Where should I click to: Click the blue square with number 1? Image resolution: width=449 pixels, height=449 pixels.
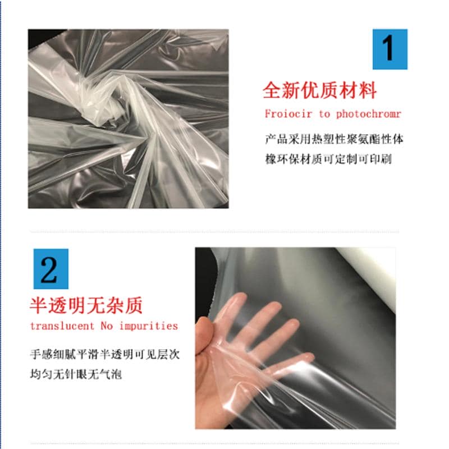click(390, 49)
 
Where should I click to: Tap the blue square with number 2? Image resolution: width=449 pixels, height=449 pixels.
click(51, 269)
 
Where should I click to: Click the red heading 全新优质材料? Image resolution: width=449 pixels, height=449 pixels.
click(319, 90)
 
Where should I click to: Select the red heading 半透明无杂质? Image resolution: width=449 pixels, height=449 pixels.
click(86, 305)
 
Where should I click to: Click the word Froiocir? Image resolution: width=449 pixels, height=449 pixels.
click(288, 114)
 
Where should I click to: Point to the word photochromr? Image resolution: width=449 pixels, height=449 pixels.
click(369, 114)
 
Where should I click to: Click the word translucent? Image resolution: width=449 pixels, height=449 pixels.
click(62, 326)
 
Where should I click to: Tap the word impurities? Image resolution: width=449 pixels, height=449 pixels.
click(149, 326)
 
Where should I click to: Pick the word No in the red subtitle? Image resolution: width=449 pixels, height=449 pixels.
click(107, 326)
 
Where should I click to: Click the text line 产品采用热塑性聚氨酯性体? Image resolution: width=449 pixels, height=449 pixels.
click(334, 139)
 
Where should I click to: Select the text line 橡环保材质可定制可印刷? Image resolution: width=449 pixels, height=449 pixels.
click(328, 159)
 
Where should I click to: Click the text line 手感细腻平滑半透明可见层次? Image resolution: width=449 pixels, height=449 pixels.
click(105, 355)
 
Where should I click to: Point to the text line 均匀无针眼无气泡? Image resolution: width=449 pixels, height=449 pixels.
click(76, 374)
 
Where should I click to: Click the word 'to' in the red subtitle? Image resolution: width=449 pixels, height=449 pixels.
click(324, 114)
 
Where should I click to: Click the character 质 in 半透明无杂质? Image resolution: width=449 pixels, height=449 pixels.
click(134, 305)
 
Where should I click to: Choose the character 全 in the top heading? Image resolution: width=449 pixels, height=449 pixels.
click(272, 90)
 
